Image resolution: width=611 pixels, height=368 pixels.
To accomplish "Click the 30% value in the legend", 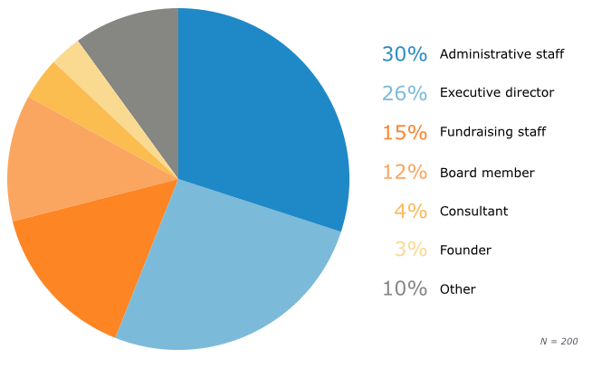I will pos(404,54).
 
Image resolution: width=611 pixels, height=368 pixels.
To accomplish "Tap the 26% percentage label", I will pos(404,93).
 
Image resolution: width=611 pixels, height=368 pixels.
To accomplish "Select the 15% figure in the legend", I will pos(404,133).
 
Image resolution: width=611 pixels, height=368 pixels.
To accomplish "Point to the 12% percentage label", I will pos(404,172).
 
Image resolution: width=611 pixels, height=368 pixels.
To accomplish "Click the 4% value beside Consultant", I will pos(410,211).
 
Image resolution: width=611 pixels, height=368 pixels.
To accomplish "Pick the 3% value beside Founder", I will pos(410,250).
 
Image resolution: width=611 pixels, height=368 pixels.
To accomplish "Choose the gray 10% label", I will pos(404,289).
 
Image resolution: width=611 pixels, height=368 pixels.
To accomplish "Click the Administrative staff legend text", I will pos(501,54).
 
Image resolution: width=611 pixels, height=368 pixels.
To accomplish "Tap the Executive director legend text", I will pos(496,93).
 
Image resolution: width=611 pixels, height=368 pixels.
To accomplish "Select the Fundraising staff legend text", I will pos(492,133).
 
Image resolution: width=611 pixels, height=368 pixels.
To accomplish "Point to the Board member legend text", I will pos(487,173).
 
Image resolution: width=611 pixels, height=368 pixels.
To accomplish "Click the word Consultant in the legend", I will pos(473,212).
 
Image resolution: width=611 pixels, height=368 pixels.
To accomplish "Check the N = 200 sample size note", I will pos(558,341).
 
